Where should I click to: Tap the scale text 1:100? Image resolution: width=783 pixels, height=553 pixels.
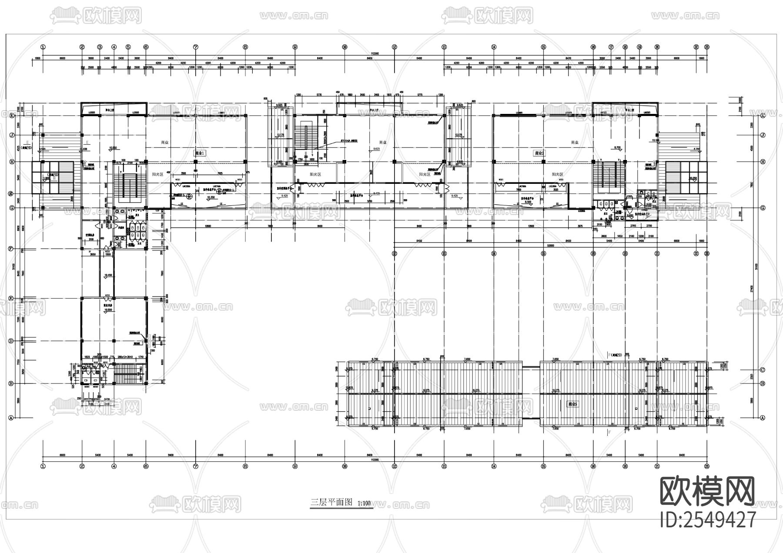[364, 503]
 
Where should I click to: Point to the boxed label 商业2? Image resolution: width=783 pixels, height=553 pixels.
[539, 153]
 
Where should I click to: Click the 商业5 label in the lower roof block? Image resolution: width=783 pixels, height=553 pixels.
[572, 404]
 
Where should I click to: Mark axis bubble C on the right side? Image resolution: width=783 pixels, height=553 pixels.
[762, 370]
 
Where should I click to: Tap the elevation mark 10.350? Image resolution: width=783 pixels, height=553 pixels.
[211, 197]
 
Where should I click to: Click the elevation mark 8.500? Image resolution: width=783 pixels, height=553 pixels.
[528, 202]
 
